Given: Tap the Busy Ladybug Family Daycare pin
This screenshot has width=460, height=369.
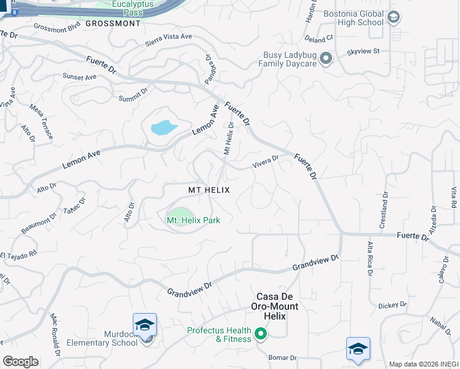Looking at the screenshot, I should coord(326,59).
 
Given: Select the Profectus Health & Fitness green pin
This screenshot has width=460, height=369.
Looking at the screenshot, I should coord(261,335).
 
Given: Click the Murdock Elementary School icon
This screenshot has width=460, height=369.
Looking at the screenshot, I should coord(145,325).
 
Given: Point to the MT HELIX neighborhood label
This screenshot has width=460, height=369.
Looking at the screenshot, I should coord(209,191).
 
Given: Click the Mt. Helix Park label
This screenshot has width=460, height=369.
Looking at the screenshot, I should coord(193,220).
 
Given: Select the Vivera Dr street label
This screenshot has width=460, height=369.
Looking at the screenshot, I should coord(266,161).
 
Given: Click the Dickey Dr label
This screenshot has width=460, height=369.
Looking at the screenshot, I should coord(393,305).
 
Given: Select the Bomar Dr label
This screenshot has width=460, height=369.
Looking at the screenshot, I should coord(283,357).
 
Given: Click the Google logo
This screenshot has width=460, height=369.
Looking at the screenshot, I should coord(20,361).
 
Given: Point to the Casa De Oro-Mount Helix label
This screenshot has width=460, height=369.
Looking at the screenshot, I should coord(275,311).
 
